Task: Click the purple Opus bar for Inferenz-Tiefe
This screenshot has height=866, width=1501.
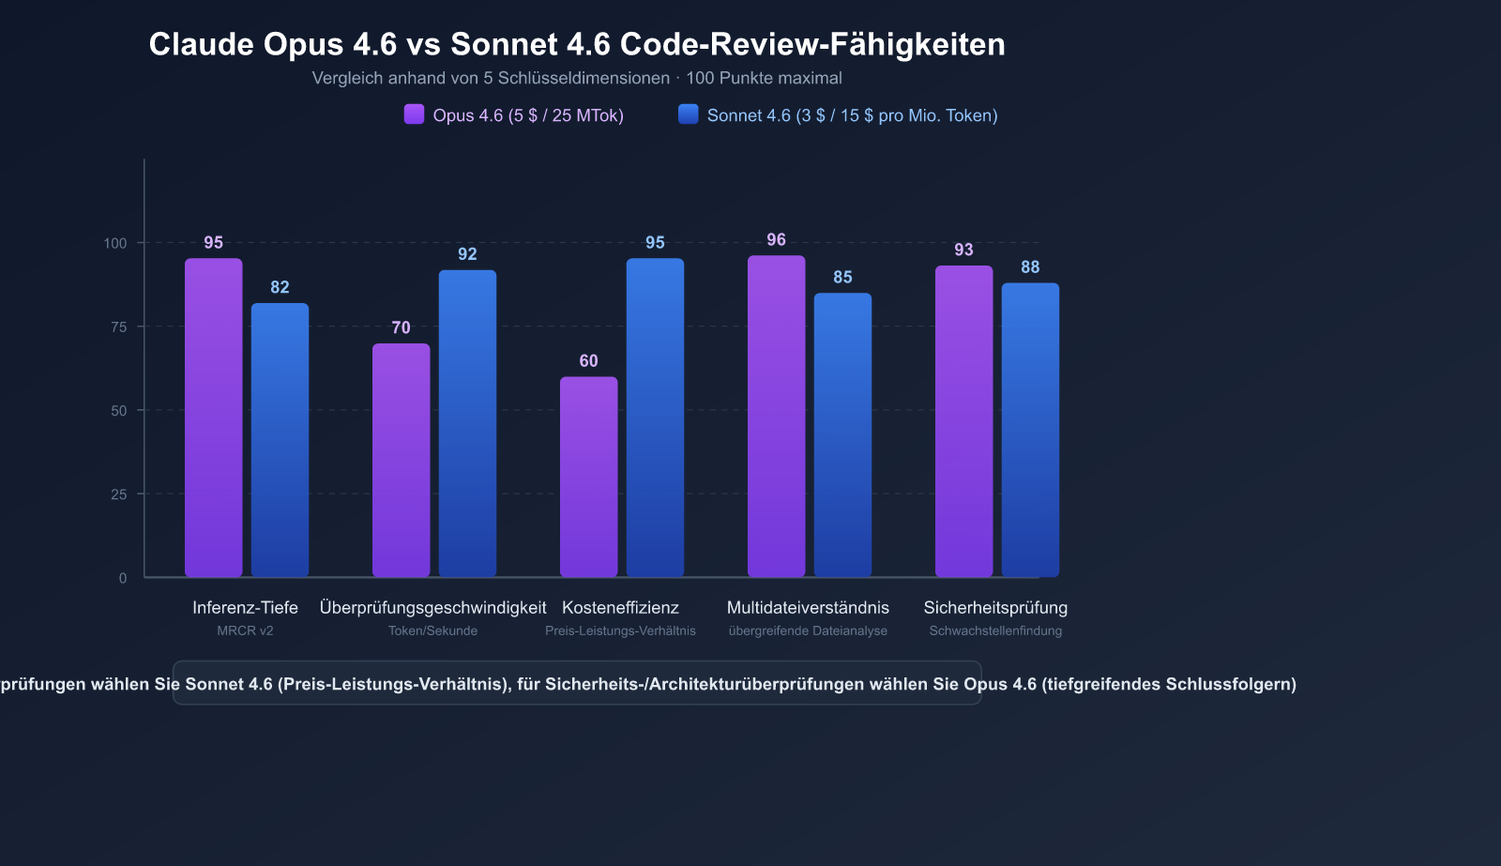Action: coord(213,418)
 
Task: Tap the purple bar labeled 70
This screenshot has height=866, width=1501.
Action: coord(401,460)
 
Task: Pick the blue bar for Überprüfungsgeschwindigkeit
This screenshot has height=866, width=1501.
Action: coord(467,423)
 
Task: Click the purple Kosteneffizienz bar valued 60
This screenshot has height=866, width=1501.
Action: coord(588,477)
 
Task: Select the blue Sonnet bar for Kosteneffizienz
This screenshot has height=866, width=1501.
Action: coord(655,418)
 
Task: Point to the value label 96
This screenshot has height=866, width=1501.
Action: coord(776,240)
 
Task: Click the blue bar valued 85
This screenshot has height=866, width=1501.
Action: coord(842,434)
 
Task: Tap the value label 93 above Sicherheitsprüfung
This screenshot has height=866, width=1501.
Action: coord(963,250)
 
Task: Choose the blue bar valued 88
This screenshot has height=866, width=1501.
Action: coord(1030,430)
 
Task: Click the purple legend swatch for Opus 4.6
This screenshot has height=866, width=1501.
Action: coord(414,114)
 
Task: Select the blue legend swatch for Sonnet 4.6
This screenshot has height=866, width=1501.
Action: coord(689,114)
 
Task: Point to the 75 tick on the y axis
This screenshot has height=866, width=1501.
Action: coord(118,327)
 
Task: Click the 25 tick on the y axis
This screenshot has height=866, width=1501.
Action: coord(118,494)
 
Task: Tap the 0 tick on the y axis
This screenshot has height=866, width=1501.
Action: coord(123,578)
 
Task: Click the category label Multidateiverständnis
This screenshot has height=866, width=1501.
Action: coord(808,608)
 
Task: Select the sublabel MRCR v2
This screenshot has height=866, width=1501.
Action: coord(245,631)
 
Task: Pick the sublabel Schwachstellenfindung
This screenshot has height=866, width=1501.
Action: coord(995,631)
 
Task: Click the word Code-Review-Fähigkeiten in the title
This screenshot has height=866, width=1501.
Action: coord(812,44)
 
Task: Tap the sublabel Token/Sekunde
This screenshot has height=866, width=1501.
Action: coord(432,631)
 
